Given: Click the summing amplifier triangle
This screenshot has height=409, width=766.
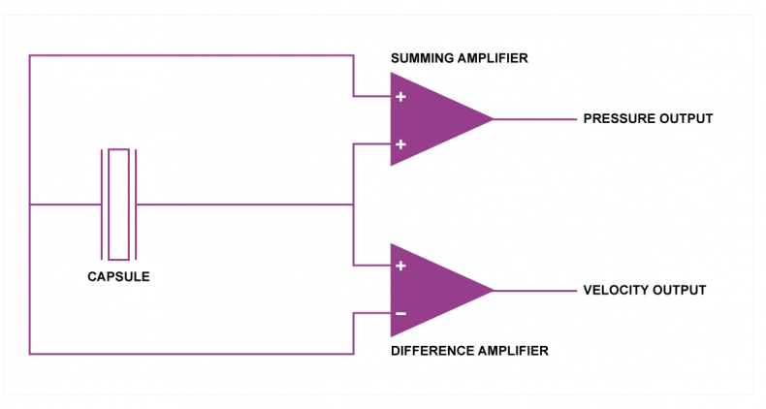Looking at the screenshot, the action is point(430,119).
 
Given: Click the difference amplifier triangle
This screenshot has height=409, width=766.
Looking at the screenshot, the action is point(430,291).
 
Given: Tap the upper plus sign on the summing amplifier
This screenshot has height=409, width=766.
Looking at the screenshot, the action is point(400,97).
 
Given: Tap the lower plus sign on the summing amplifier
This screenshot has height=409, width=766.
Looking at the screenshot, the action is point(400,144).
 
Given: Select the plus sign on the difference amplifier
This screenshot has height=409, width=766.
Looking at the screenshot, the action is point(400,266).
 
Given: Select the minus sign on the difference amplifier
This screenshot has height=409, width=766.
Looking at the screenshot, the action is point(400,313).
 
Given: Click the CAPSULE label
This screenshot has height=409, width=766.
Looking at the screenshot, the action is point(118,277).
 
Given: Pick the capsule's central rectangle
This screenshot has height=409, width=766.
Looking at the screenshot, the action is point(118,204).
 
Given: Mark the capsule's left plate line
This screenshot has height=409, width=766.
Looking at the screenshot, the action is point(102,204).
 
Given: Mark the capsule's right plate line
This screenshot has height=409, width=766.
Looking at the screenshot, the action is point(136,204).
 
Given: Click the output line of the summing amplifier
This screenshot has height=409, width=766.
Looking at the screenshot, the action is point(535,119).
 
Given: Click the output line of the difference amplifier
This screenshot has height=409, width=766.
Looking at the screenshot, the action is point(535,291).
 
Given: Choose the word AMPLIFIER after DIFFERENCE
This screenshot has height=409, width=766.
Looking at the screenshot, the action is point(514,351).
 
